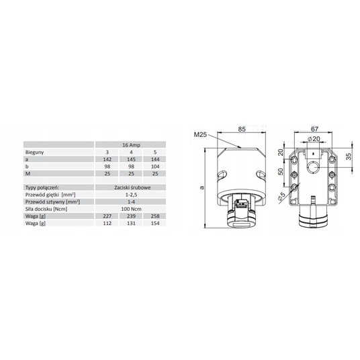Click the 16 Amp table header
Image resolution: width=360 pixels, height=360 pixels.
(x=131, y=145)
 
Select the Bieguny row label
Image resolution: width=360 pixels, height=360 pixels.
(x=34, y=152)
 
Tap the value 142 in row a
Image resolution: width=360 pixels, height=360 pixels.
(x=107, y=159)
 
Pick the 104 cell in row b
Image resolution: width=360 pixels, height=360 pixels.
(x=155, y=167)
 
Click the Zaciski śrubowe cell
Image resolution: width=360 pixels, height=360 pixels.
(x=132, y=187)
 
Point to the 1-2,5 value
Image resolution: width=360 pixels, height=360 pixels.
(x=131, y=195)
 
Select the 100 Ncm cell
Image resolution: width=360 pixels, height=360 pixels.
(x=131, y=209)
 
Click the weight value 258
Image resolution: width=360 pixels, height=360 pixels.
(x=155, y=216)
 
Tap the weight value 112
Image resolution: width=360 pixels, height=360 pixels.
(x=107, y=223)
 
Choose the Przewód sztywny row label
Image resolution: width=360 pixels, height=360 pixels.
(x=52, y=202)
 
